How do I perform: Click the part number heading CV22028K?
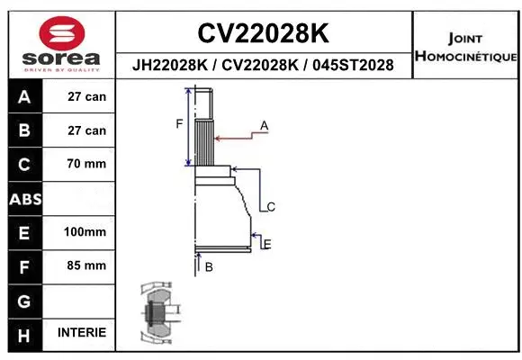pyautogui.click(x=263, y=33)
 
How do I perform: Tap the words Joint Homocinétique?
pyautogui.click(x=464, y=48)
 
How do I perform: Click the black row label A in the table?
pyautogui.click(x=24, y=96)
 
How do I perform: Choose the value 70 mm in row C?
pyautogui.click(x=86, y=164)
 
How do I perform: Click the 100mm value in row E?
pyautogui.click(x=85, y=232)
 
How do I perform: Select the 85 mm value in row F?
pyautogui.click(x=86, y=265)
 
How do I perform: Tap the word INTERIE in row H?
pyautogui.click(x=82, y=332)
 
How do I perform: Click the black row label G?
pyautogui.click(x=24, y=299)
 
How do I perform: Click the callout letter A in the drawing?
pyautogui.click(x=265, y=124)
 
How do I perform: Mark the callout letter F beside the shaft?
pyautogui.click(x=179, y=124)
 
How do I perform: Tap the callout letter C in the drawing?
pyautogui.click(x=271, y=207)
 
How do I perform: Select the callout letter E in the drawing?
pyautogui.click(x=267, y=243)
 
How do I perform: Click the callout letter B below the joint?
pyautogui.click(x=208, y=266)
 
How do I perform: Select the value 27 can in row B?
pyautogui.click(x=86, y=130)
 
